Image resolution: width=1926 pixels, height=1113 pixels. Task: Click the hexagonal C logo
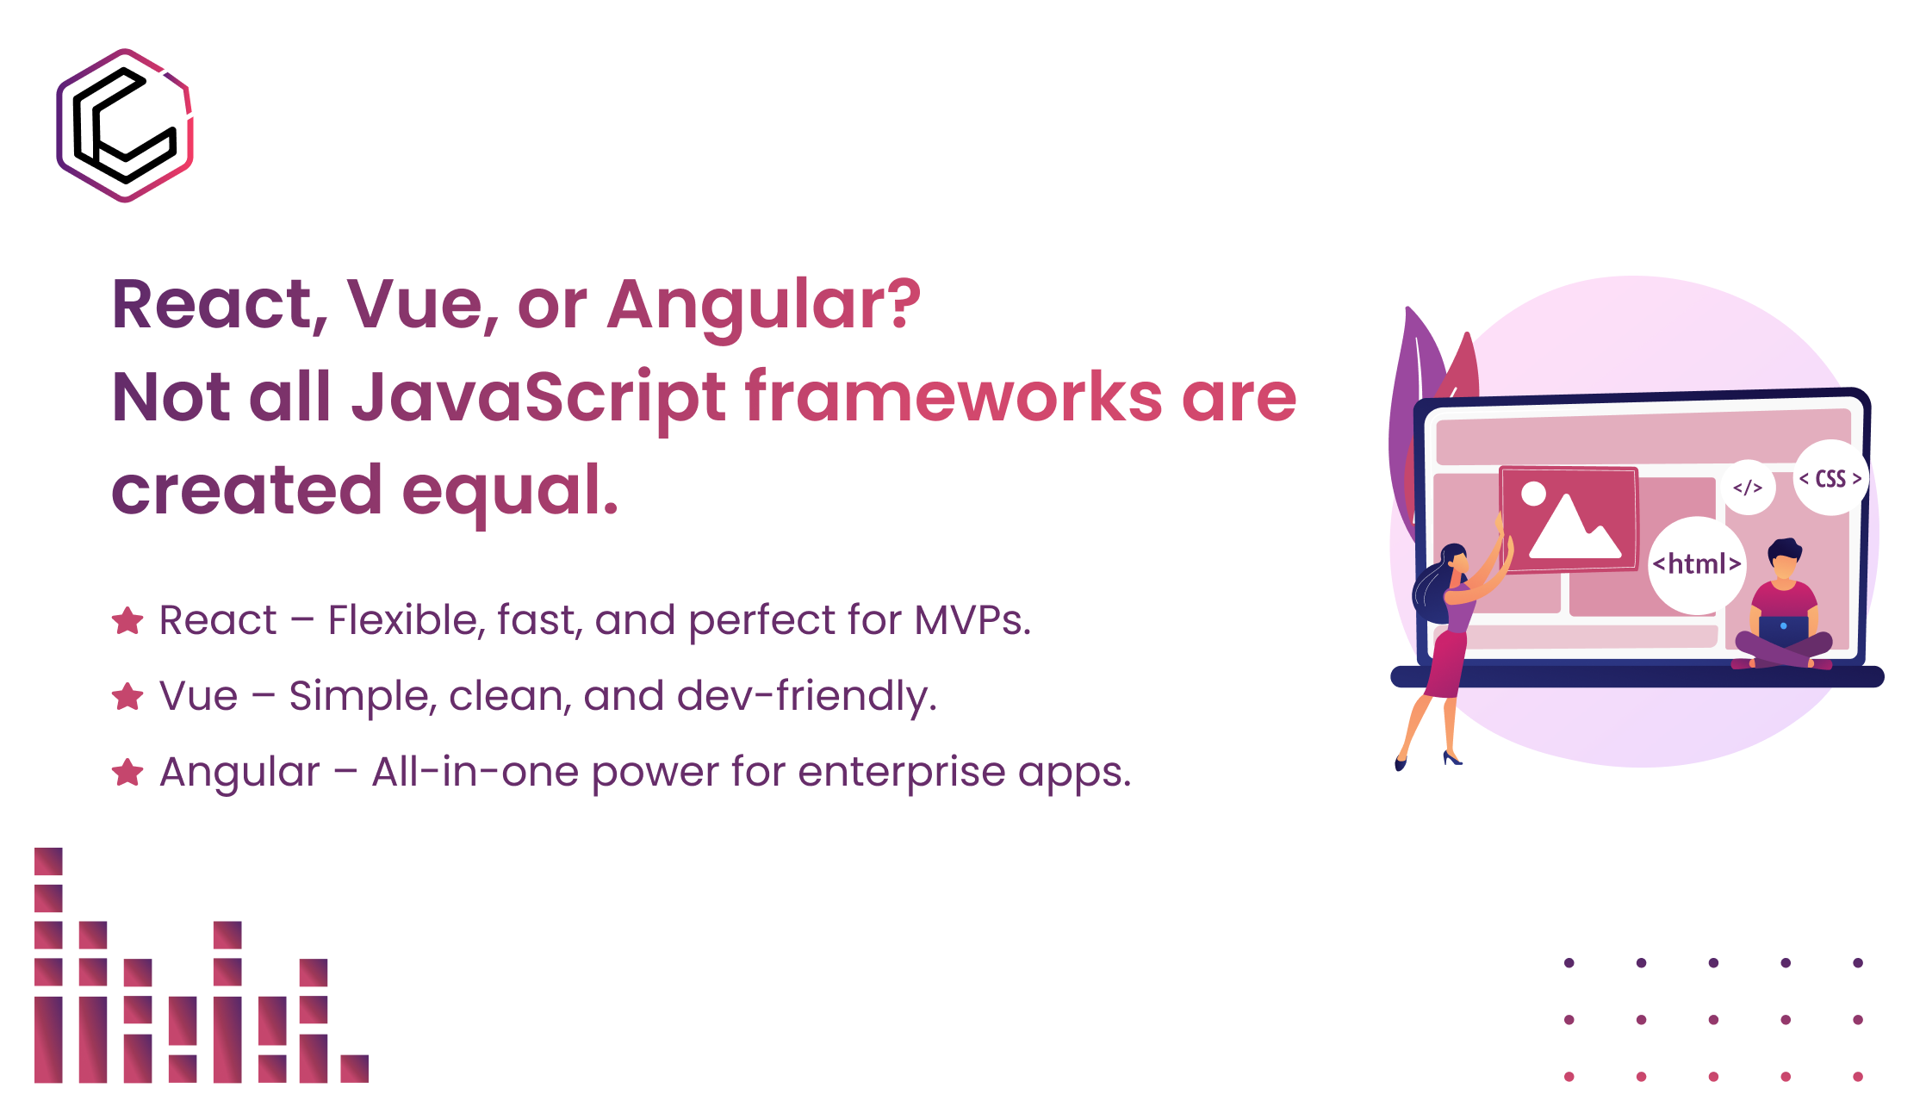tap(125, 126)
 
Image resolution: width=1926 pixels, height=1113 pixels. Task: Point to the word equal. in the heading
tap(510, 490)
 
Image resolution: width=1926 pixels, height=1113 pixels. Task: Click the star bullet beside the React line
tap(127, 621)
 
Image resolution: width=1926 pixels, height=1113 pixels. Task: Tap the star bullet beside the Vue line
tap(127, 696)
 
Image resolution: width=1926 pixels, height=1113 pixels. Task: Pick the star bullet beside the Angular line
tap(127, 772)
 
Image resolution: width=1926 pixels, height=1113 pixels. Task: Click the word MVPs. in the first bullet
tap(972, 620)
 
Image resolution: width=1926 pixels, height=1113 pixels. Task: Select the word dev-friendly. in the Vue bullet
tap(806, 696)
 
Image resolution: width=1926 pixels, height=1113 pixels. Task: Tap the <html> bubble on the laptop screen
tap(1697, 565)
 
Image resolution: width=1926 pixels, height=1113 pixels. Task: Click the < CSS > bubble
tap(1830, 479)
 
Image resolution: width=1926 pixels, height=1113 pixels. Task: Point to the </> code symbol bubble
tap(1748, 488)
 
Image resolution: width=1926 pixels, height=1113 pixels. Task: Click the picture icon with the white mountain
tap(1569, 519)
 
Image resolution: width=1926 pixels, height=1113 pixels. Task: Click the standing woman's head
tap(1454, 560)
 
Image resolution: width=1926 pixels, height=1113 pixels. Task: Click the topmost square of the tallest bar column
tap(48, 861)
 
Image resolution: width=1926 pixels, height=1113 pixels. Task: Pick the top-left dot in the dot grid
tap(1569, 962)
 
